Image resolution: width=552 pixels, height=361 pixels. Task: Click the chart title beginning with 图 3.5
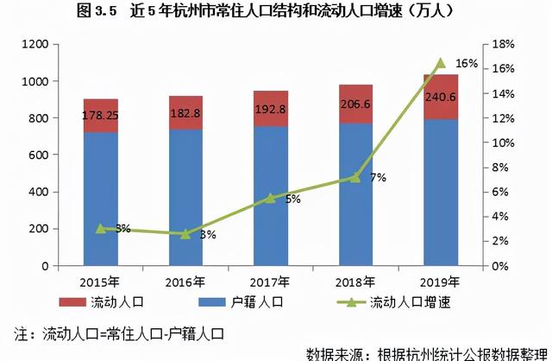coord(276,12)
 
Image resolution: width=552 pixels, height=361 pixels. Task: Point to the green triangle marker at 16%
coord(440,63)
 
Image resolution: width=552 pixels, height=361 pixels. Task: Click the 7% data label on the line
coord(378,177)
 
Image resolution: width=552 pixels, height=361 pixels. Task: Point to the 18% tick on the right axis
coord(504,44)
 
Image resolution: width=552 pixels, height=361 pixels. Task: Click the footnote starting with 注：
coord(120,332)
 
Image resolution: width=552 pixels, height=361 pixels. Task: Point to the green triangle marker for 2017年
coord(270,198)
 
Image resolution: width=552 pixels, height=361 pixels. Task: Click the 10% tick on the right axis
coord(504,142)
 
